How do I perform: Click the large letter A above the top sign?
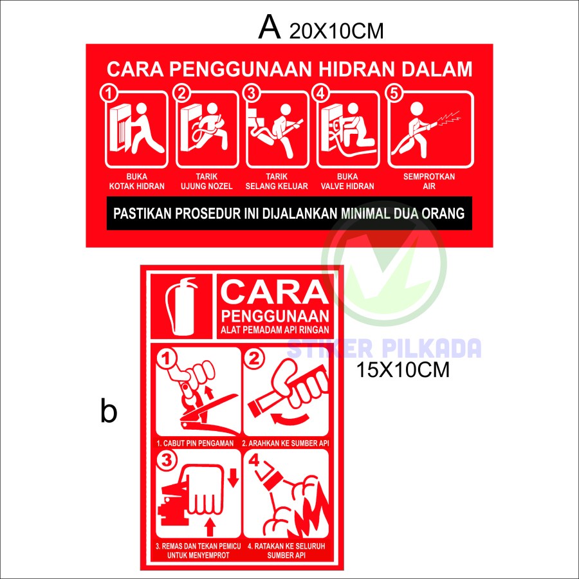point(270,28)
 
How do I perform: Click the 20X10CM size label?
point(336,31)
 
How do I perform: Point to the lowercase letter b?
point(109,412)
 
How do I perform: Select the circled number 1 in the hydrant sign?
point(110,94)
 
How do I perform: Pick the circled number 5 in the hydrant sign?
point(394,94)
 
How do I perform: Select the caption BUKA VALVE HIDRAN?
point(349,181)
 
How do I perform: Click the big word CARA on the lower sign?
point(273,293)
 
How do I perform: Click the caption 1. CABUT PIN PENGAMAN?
point(194,443)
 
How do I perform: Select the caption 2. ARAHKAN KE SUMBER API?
point(285,443)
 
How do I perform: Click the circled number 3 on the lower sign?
point(167,461)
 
